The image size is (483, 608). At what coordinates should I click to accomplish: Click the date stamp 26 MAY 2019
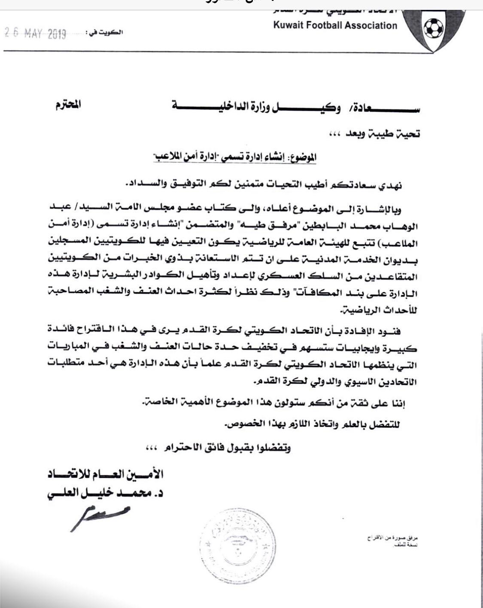tap(35, 33)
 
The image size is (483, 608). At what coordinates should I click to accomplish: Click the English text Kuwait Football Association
tap(335, 25)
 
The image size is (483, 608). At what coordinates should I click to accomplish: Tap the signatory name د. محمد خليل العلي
tap(106, 493)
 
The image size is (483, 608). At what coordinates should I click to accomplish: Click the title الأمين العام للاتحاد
tap(106, 474)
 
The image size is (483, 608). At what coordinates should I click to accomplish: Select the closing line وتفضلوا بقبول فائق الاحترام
tap(219, 448)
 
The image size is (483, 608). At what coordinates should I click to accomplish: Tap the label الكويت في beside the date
tap(105, 33)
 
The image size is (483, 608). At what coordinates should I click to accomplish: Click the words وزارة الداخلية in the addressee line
tap(215, 106)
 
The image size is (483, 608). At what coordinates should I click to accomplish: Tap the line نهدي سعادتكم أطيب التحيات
tap(266, 185)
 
